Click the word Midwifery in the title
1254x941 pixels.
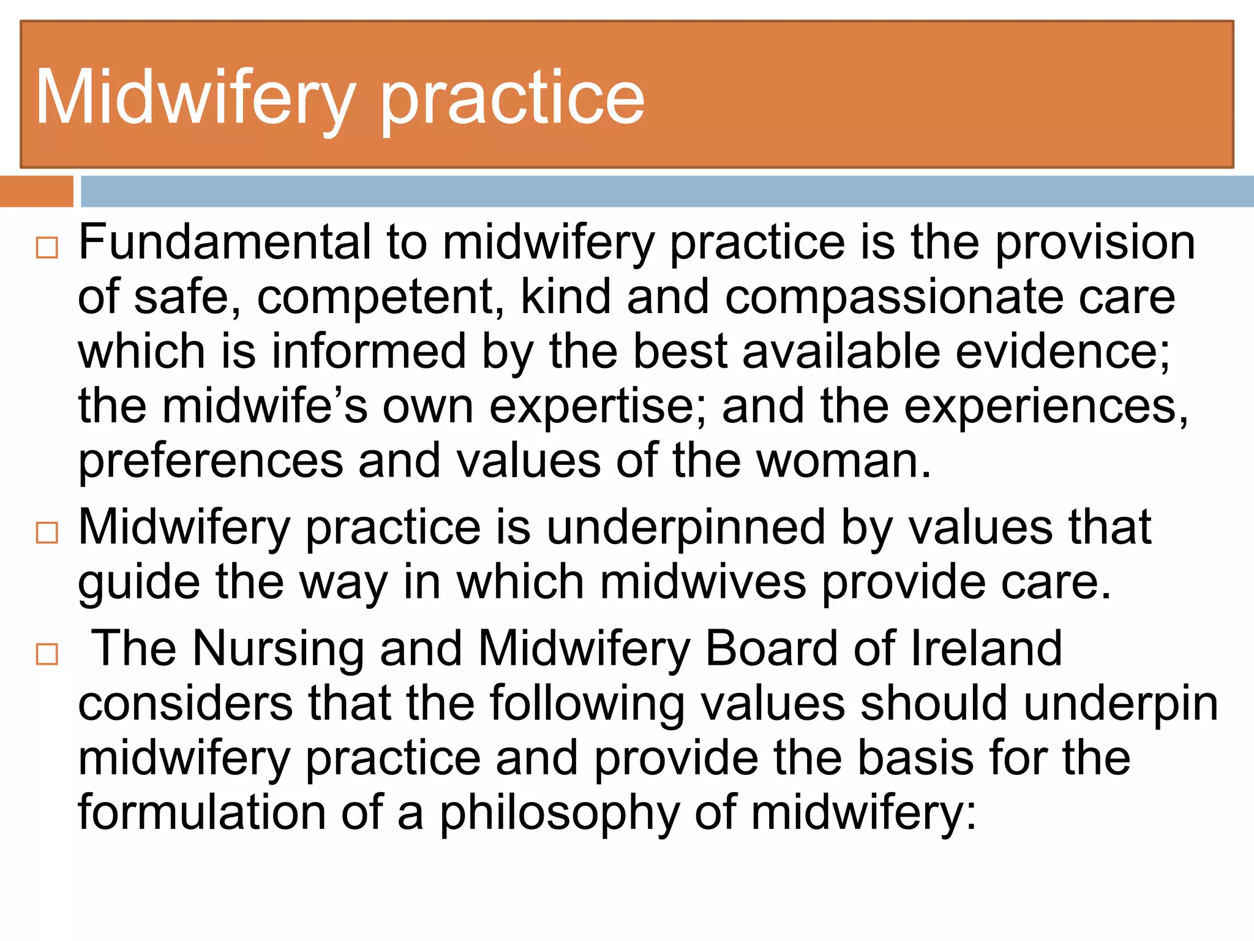click(195, 98)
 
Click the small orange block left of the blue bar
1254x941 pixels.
click(36, 192)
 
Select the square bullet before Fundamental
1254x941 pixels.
click(47, 248)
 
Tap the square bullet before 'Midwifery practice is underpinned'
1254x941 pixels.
click(47, 533)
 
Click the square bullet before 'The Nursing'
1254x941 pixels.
click(47, 654)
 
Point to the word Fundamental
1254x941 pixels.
click(225, 243)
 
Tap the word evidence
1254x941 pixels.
click(1062, 352)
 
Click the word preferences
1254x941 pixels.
click(211, 462)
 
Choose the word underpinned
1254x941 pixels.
click(685, 527)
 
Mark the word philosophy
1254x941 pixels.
click(560, 814)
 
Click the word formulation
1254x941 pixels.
click(202, 812)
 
